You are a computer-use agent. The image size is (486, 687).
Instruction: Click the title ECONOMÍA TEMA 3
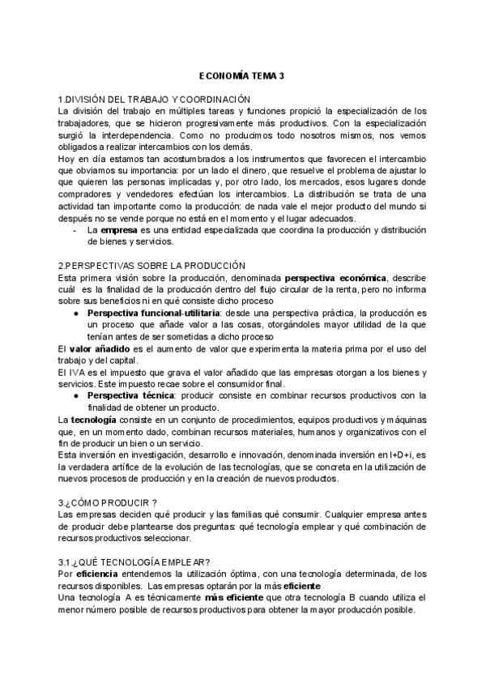[242, 76]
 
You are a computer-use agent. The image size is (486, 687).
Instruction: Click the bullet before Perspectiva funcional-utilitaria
[75, 313]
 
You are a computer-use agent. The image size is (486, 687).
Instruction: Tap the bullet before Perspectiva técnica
[75, 395]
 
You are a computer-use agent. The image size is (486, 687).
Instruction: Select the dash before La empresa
[75, 229]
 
